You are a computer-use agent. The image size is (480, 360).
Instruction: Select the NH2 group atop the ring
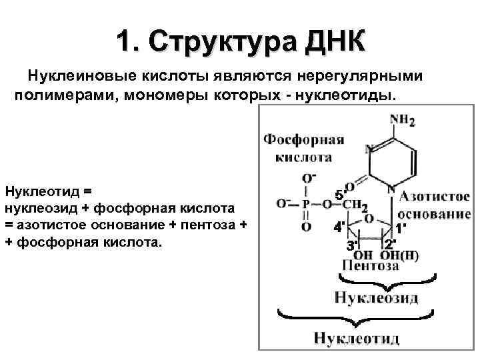[401, 121]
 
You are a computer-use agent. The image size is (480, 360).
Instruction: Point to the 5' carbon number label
[340, 195]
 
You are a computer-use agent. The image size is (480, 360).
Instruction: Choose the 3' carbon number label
[351, 245]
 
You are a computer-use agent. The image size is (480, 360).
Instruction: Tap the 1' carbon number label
[402, 227]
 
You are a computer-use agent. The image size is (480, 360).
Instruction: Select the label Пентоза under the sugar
[371, 266]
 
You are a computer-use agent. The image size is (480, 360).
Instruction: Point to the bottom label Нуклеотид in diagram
[358, 338]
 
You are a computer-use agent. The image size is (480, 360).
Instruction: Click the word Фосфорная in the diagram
[303, 140]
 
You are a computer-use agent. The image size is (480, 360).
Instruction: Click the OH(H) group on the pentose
[400, 255]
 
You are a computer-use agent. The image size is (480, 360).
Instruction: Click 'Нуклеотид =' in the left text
[47, 191]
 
